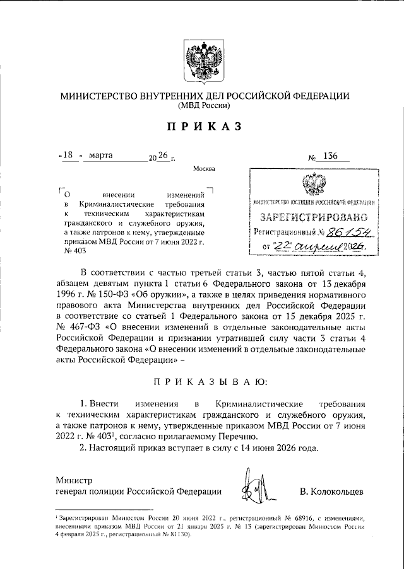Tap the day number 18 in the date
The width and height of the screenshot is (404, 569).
tap(69, 154)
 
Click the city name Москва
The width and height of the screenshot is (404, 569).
tap(205, 169)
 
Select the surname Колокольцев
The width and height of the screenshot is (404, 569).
tap(332, 491)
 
